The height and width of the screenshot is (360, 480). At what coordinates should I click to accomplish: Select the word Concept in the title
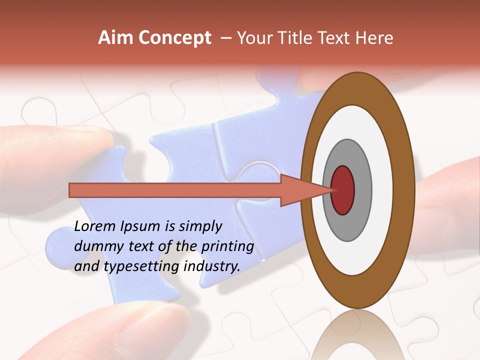click(x=175, y=38)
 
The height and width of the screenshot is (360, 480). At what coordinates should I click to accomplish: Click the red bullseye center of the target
click(x=342, y=190)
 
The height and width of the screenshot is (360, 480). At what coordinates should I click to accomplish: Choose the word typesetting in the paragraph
click(x=141, y=266)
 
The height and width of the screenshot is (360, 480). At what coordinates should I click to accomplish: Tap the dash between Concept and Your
click(x=225, y=38)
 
